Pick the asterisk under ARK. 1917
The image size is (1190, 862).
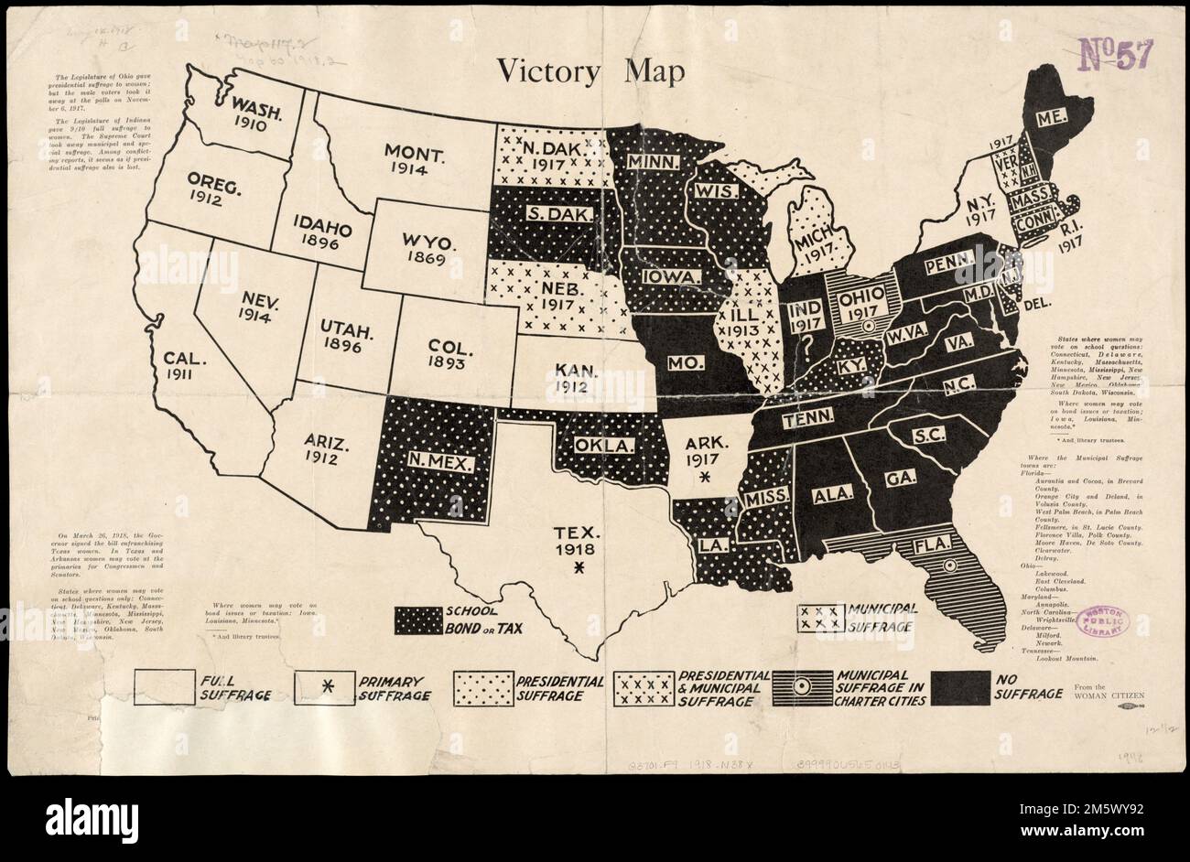(704, 479)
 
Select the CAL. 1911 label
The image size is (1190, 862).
(180, 364)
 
